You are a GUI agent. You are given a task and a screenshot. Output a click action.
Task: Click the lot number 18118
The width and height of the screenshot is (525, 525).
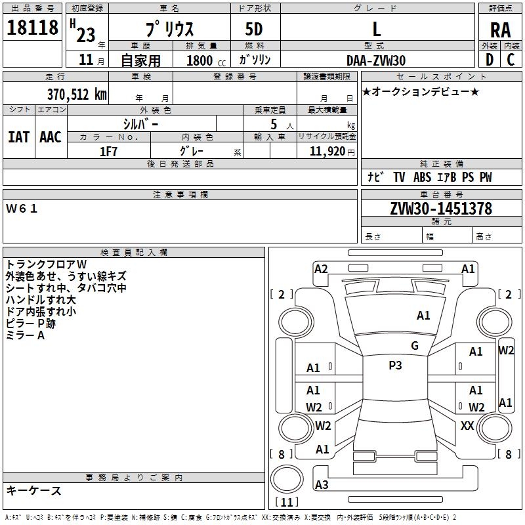(32, 28)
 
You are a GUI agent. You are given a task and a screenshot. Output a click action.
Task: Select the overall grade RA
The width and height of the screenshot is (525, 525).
(501, 30)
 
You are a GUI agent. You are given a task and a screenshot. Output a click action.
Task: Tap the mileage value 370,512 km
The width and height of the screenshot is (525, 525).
(77, 94)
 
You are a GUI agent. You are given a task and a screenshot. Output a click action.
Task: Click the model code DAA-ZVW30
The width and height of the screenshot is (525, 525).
(376, 60)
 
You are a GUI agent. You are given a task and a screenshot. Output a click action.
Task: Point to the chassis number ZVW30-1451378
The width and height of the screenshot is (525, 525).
(441, 209)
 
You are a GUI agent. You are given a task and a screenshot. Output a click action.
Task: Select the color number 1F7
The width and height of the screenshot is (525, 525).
(108, 152)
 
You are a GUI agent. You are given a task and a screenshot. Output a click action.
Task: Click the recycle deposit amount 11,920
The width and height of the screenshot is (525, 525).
(327, 152)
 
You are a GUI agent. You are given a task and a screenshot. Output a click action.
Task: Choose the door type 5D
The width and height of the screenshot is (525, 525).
(254, 30)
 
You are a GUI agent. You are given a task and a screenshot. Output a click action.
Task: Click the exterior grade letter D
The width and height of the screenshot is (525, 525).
(490, 60)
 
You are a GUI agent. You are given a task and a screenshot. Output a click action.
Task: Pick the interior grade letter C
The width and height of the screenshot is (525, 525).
(511, 60)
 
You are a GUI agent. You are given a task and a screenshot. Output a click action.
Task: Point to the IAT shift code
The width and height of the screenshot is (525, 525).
(19, 137)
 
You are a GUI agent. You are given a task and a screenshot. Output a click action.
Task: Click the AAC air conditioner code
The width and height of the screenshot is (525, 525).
(51, 137)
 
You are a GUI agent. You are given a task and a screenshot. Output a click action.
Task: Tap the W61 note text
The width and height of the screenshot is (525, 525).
(22, 209)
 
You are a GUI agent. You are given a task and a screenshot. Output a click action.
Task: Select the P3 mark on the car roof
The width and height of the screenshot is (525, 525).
(395, 366)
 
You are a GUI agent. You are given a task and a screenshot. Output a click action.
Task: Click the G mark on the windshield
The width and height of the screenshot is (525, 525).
(415, 346)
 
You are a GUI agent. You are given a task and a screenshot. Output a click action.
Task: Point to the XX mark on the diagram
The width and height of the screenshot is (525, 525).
(467, 425)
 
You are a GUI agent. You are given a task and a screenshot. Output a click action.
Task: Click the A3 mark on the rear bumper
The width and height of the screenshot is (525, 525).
(322, 484)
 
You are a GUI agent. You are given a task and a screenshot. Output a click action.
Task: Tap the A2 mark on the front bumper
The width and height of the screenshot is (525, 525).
(321, 269)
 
